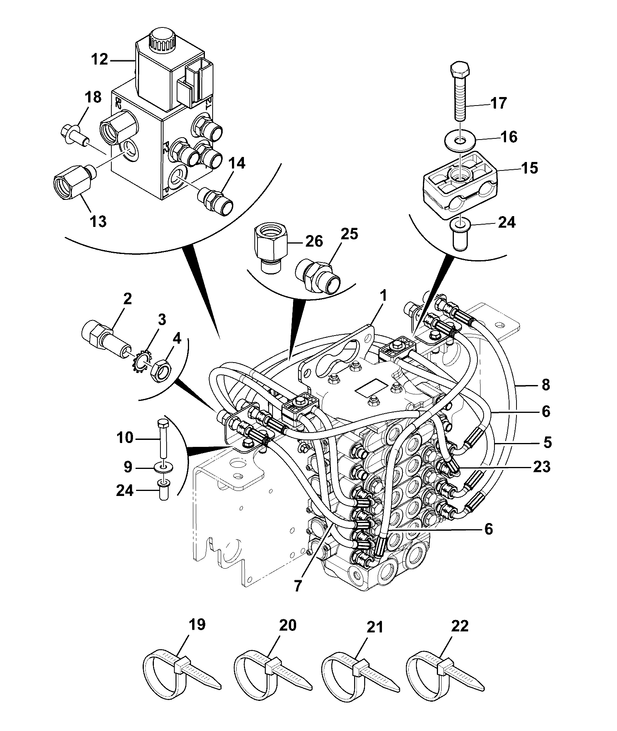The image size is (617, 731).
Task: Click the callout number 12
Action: click(100, 60)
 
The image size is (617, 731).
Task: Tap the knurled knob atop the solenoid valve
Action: click(162, 41)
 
